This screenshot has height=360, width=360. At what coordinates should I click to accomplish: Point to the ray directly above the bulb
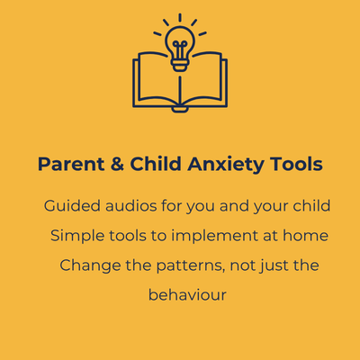pyautogui.click(x=180, y=18)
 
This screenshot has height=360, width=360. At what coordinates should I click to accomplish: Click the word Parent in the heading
pyautogui.click(x=71, y=164)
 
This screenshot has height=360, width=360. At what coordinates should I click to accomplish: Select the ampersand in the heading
pyautogui.click(x=117, y=164)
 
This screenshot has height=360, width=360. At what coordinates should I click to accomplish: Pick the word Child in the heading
pyautogui.click(x=156, y=164)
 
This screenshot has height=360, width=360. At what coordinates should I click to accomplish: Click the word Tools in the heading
pyautogui.click(x=296, y=164)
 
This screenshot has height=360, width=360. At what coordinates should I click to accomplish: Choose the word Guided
pyautogui.click(x=72, y=206)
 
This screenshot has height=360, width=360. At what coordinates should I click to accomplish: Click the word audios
pyautogui.click(x=131, y=206)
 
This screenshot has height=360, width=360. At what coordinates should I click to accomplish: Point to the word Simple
pyautogui.click(x=77, y=237)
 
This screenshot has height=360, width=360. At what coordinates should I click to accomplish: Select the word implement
pyautogui.click(x=214, y=237)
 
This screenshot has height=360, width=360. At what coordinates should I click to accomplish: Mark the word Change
pyautogui.click(x=90, y=266)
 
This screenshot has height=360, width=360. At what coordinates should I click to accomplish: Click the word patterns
pyautogui.click(x=191, y=266)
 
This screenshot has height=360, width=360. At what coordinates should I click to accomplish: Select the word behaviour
pyautogui.click(x=187, y=295)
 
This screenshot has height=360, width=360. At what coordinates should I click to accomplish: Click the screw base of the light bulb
pyautogui.click(x=180, y=65)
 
